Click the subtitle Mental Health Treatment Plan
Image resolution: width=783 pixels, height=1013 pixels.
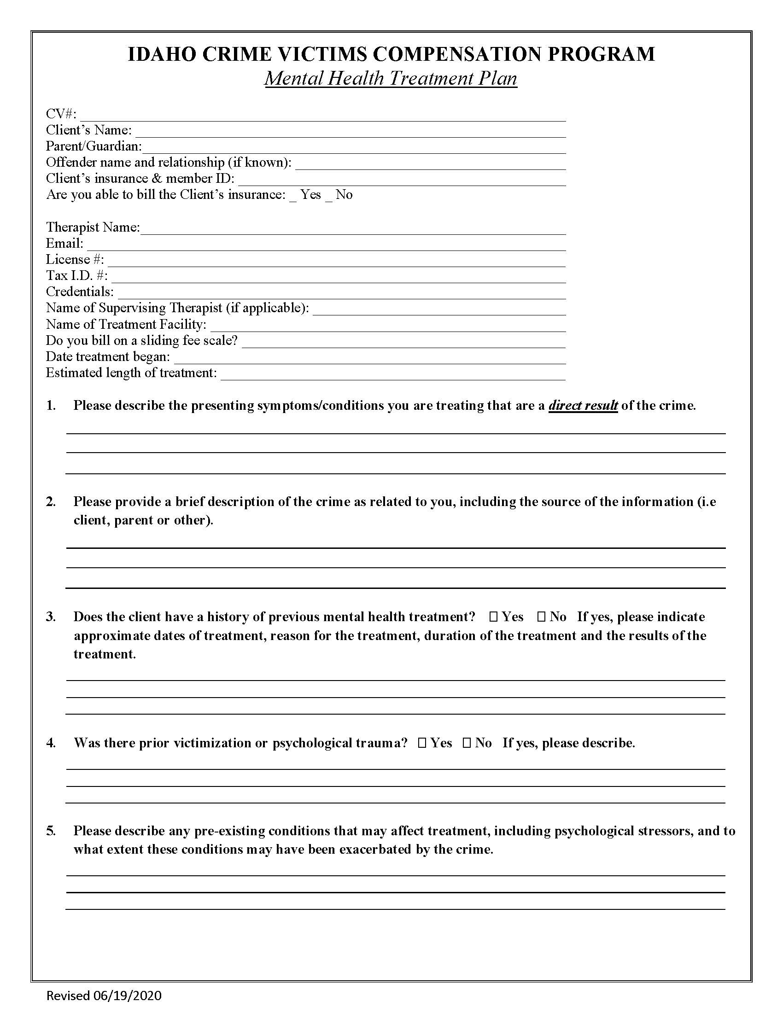pos(391,78)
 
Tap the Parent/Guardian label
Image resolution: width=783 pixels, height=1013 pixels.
pos(93,146)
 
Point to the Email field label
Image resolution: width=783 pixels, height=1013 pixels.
pos(64,244)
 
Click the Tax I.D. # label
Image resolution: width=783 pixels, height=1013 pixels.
pos(76,276)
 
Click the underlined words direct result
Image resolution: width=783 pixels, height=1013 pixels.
pos(583,406)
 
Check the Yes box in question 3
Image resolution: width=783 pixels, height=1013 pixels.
pos(494,617)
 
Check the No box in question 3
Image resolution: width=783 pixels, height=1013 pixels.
pos(541,617)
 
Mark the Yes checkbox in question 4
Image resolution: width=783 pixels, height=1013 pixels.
pos(422,743)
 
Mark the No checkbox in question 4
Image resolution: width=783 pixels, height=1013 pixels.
pos(467,743)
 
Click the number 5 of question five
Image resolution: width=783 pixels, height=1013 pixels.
pos(51,831)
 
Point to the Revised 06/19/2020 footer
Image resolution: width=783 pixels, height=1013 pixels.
pos(104,996)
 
